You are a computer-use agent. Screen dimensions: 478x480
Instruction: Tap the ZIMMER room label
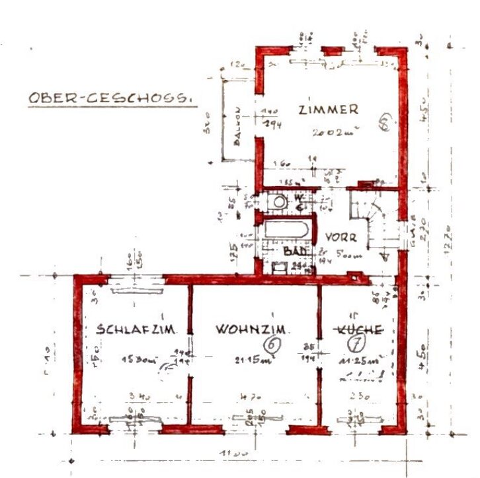[x=328, y=110]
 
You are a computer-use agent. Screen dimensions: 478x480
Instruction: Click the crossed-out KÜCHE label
[x=358, y=329]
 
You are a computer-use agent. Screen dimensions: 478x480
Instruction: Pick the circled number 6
[x=270, y=344]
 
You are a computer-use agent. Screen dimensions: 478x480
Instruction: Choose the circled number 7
[x=358, y=343]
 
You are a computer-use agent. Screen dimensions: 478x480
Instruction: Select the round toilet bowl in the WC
[x=280, y=201]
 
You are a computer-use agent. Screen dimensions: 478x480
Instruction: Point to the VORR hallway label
[x=341, y=237]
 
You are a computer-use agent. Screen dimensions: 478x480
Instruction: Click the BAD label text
[x=292, y=252]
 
